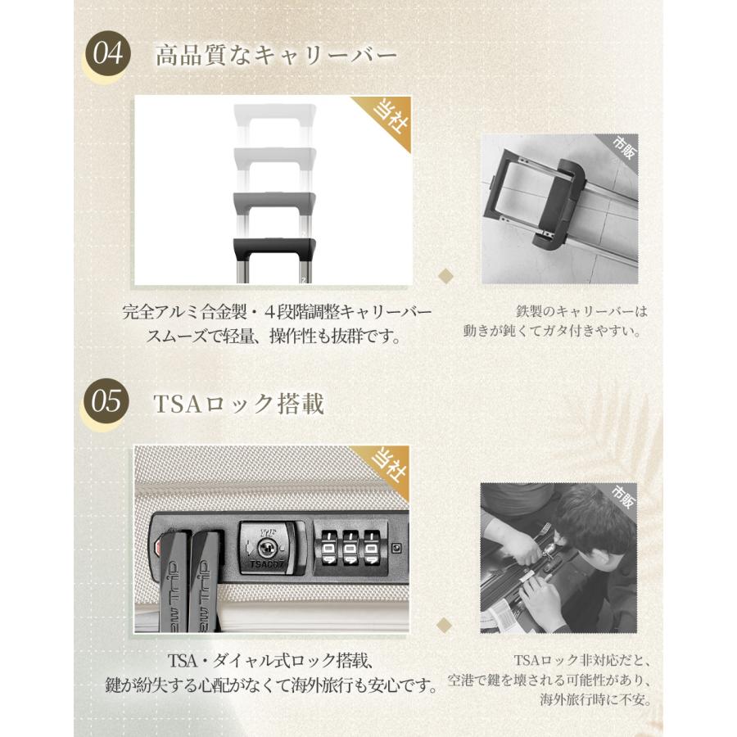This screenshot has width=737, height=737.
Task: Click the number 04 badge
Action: (107, 55)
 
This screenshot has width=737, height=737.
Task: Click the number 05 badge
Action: (107, 403)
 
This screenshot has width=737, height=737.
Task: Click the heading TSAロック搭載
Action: (239, 403)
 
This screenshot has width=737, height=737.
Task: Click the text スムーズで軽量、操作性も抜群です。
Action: (275, 336)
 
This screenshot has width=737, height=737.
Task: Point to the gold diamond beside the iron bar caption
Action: (446, 276)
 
